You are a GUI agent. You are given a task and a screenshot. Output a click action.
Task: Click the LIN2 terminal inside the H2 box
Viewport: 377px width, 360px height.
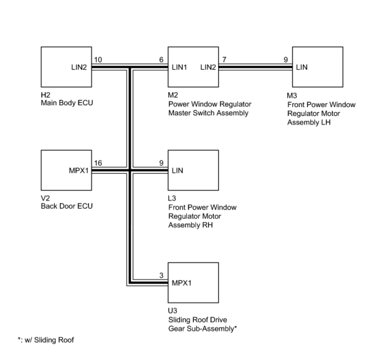pos(79,67)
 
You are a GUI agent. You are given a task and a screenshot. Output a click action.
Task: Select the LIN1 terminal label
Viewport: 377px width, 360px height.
pos(179,67)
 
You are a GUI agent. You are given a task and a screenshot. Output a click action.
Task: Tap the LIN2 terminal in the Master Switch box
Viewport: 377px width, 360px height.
pos(208,67)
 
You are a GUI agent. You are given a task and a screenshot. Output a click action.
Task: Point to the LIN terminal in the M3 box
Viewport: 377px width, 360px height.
pos(302,67)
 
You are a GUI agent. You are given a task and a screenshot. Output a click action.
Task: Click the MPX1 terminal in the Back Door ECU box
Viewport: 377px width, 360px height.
pos(79,171)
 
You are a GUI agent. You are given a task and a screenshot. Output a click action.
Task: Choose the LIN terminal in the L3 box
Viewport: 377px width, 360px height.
pos(177,171)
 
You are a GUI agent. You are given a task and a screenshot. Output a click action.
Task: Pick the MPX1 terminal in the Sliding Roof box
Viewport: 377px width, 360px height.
pos(182,283)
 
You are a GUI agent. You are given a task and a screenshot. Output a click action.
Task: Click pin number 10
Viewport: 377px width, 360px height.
pos(98,60)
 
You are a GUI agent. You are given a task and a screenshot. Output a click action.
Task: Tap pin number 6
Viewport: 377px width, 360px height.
pos(161,60)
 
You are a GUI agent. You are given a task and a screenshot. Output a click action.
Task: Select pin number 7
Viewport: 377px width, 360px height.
pos(224,60)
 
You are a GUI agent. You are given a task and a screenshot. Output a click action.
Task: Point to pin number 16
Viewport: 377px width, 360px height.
pos(98,163)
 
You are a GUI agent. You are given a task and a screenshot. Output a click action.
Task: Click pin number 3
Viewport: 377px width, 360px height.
pos(161,276)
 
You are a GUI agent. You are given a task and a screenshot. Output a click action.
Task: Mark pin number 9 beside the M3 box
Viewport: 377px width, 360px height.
pos(286,60)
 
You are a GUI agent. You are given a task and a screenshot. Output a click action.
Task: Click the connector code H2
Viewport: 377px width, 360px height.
pos(45,95)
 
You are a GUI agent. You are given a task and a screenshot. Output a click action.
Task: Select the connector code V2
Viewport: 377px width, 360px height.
pos(45,198)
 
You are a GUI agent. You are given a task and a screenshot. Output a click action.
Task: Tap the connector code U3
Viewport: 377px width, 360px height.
pos(173,311)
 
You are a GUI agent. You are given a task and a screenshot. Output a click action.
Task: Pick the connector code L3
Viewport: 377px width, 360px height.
pos(172,198)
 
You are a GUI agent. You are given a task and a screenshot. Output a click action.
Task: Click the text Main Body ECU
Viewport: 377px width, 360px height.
pos(67,103)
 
